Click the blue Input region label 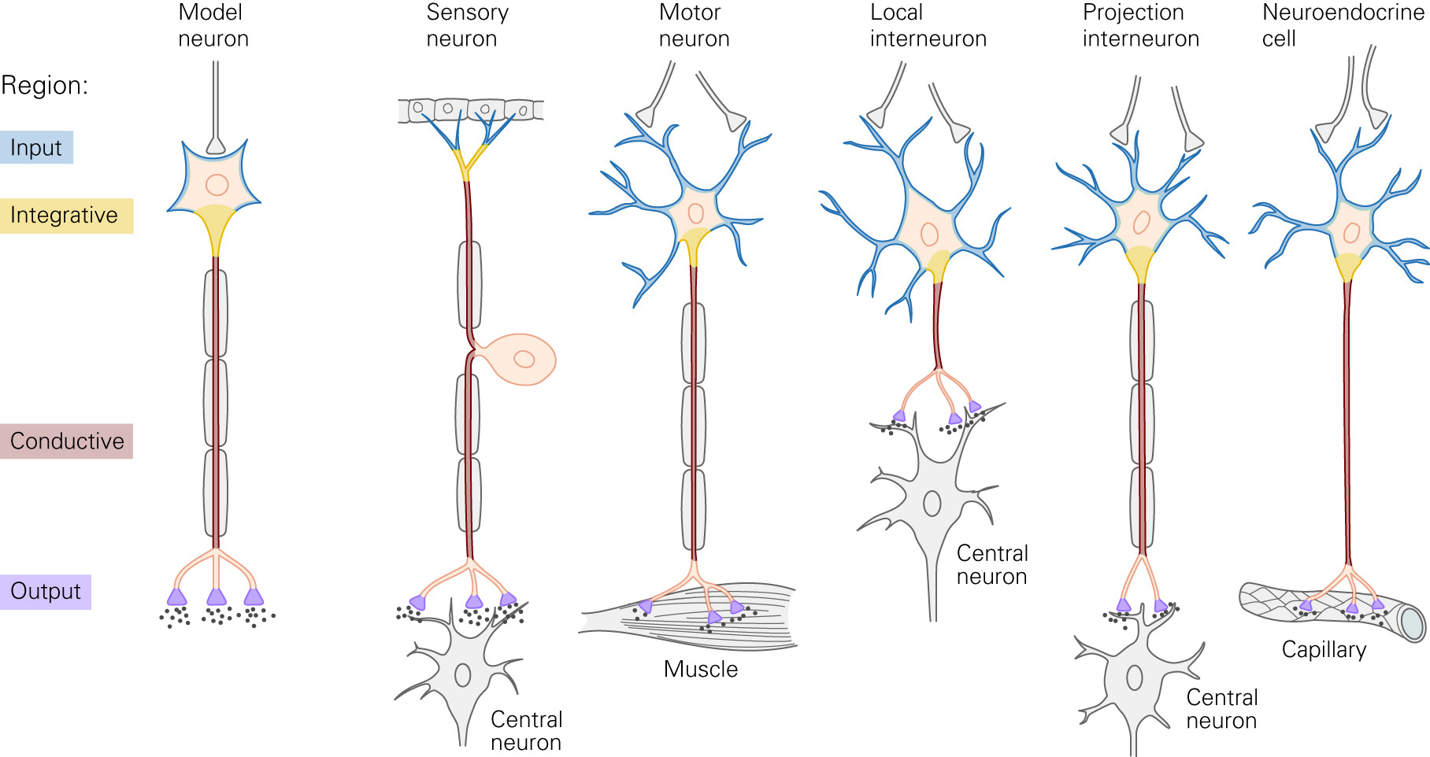[x=36, y=147]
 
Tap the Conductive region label [x=67, y=441]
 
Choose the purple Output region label [x=46, y=592]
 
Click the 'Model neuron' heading [x=213, y=25]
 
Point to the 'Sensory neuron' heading [x=467, y=25]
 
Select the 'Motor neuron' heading [x=694, y=25]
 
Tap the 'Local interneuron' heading [x=928, y=25]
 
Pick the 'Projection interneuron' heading [x=1140, y=25]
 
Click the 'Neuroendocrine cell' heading [x=1343, y=25]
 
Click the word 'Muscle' [x=701, y=669]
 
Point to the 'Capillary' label [x=1324, y=649]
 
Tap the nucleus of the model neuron [x=217, y=186]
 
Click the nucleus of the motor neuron [x=695, y=213]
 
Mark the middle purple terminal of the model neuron [x=217, y=597]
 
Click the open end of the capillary [x=1413, y=624]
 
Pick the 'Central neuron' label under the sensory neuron [x=526, y=731]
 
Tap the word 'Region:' [x=45, y=85]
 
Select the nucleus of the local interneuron [x=929, y=234]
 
